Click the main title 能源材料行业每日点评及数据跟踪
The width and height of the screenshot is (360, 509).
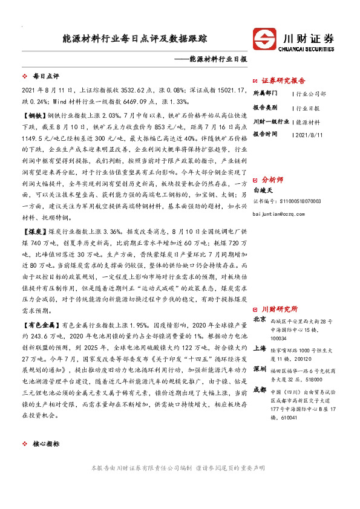click(135, 38)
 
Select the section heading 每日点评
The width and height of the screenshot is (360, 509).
click(45, 77)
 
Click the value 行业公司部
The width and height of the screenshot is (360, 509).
click(311, 94)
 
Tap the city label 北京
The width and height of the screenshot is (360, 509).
click(259, 319)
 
